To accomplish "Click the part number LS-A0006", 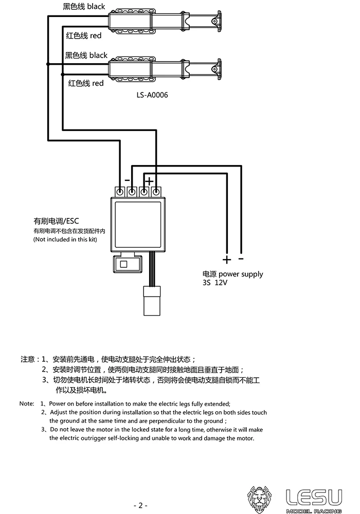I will coord(153,95).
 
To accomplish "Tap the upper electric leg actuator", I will coord(165,21).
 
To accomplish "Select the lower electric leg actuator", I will coord(165,69).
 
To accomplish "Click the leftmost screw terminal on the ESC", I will coord(120,192).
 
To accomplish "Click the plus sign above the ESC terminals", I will coord(149,180).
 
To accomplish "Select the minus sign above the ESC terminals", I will coord(127,180).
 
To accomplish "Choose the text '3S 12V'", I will coord(215,283).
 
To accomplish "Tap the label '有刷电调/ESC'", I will coord(56,221).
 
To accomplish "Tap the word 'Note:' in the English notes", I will coord(27,403).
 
